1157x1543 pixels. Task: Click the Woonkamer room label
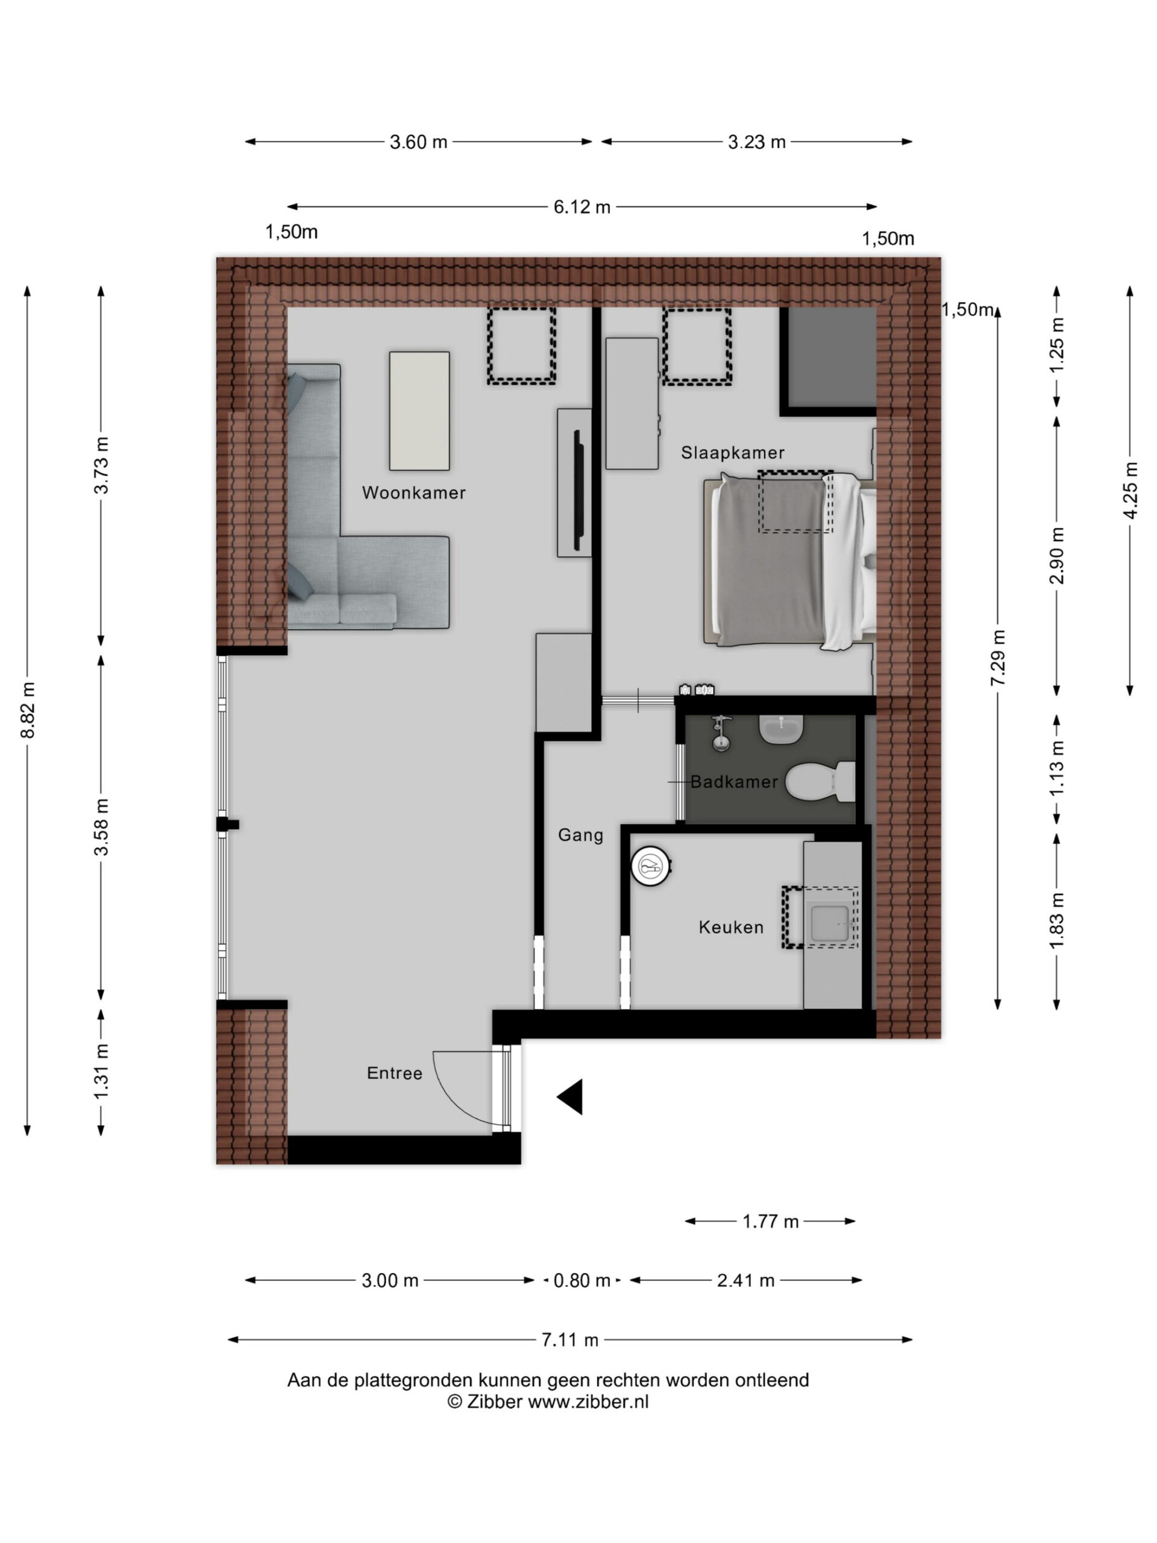(413, 492)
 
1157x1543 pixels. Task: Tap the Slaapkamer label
(733, 453)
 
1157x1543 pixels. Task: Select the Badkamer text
(734, 781)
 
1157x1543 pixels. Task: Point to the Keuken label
(731, 927)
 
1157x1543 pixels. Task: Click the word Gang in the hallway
(580, 835)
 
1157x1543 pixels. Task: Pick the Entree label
(395, 1073)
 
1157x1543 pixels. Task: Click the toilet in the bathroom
(820, 781)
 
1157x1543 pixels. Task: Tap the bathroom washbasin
(781, 729)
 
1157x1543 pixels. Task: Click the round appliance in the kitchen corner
(652, 866)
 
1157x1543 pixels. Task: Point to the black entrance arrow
(570, 1097)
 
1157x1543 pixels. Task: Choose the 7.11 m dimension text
(570, 1339)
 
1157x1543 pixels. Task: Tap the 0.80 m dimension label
(582, 1280)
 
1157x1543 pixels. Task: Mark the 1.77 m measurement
(770, 1221)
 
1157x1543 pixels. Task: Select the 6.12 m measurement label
(582, 207)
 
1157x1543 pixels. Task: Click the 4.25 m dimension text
(1131, 491)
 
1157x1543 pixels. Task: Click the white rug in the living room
(419, 411)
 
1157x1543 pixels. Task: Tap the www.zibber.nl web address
(588, 1402)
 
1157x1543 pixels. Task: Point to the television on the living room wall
(578, 491)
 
